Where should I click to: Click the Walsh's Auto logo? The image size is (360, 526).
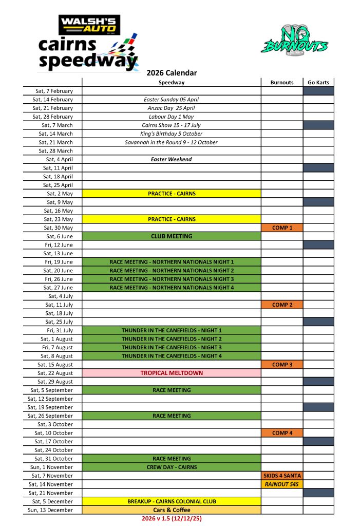point(89,25)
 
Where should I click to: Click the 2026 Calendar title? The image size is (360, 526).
point(172,73)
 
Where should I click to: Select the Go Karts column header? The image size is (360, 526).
point(318,82)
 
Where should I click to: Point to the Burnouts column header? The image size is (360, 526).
point(282,82)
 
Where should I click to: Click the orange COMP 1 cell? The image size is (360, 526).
point(282,228)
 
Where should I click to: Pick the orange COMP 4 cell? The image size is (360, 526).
point(282,433)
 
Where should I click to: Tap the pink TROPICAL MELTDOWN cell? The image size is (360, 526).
point(172,373)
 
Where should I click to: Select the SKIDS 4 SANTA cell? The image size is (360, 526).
point(282,476)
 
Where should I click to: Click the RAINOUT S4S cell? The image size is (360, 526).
point(282,484)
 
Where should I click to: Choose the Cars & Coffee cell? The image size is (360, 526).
point(172,510)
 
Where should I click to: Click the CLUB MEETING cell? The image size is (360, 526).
point(172,236)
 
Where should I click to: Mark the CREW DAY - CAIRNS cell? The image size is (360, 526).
point(172,467)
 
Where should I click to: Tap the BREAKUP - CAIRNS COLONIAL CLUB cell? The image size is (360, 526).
point(172,501)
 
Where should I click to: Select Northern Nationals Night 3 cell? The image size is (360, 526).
point(172,279)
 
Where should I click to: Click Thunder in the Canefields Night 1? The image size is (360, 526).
point(172,330)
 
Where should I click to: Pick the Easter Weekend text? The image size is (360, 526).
point(172,159)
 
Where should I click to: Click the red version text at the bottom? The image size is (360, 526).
point(172,519)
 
